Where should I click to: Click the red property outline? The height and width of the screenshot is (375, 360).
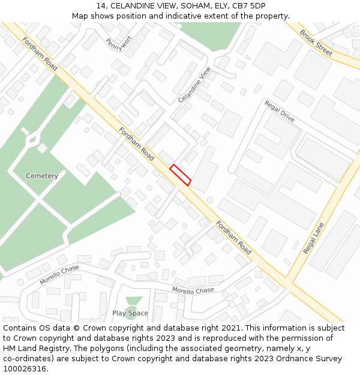(181, 175)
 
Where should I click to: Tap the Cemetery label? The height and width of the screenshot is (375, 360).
(42, 176)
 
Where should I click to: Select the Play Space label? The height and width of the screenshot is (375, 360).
(130, 313)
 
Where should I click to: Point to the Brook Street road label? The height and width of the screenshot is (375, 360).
(316, 43)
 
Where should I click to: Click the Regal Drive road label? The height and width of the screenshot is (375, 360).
(280, 111)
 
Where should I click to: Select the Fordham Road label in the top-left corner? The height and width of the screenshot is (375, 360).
(40, 53)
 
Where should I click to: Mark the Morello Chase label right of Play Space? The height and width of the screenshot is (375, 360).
(193, 290)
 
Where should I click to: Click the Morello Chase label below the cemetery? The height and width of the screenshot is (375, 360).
(59, 275)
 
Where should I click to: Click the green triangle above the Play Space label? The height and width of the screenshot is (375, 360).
(133, 301)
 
